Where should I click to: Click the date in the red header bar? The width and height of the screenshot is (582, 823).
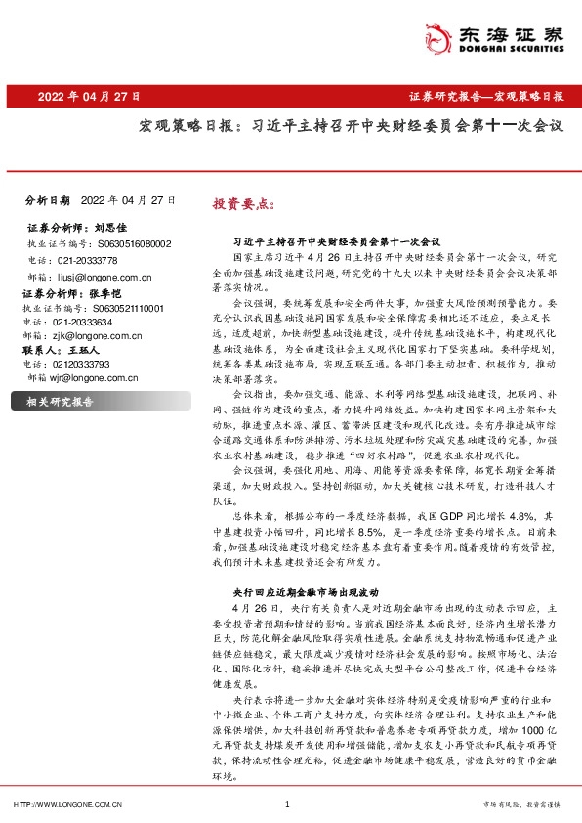89,97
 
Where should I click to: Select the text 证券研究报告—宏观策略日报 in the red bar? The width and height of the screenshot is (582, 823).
484,97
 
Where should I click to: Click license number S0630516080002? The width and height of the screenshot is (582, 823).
136,243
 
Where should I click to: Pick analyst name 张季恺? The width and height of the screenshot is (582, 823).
113,292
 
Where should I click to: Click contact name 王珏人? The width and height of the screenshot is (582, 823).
84,349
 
